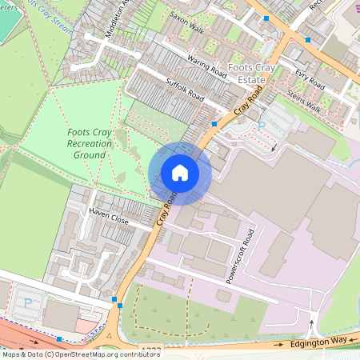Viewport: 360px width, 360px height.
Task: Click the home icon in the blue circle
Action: coord(180,173)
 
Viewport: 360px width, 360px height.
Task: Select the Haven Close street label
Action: coord(109,218)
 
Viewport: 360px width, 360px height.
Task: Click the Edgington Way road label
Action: coord(318,341)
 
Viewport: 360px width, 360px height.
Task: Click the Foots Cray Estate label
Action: coord(253,74)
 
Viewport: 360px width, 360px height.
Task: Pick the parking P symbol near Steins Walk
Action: coord(262,126)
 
